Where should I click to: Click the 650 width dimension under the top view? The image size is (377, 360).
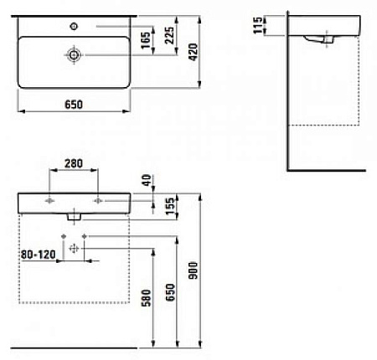[74, 105]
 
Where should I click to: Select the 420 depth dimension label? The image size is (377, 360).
[193, 52]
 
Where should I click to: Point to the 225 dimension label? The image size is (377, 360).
[169, 35]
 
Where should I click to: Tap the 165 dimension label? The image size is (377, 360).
[146, 40]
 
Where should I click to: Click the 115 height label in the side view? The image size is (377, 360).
[258, 25]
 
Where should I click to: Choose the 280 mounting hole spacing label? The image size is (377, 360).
[74, 163]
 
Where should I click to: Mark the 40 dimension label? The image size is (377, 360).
[147, 180]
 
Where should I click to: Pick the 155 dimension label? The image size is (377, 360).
[169, 206]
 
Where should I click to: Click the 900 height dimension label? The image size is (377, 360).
[193, 270]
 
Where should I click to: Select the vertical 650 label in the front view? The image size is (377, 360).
[170, 292]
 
